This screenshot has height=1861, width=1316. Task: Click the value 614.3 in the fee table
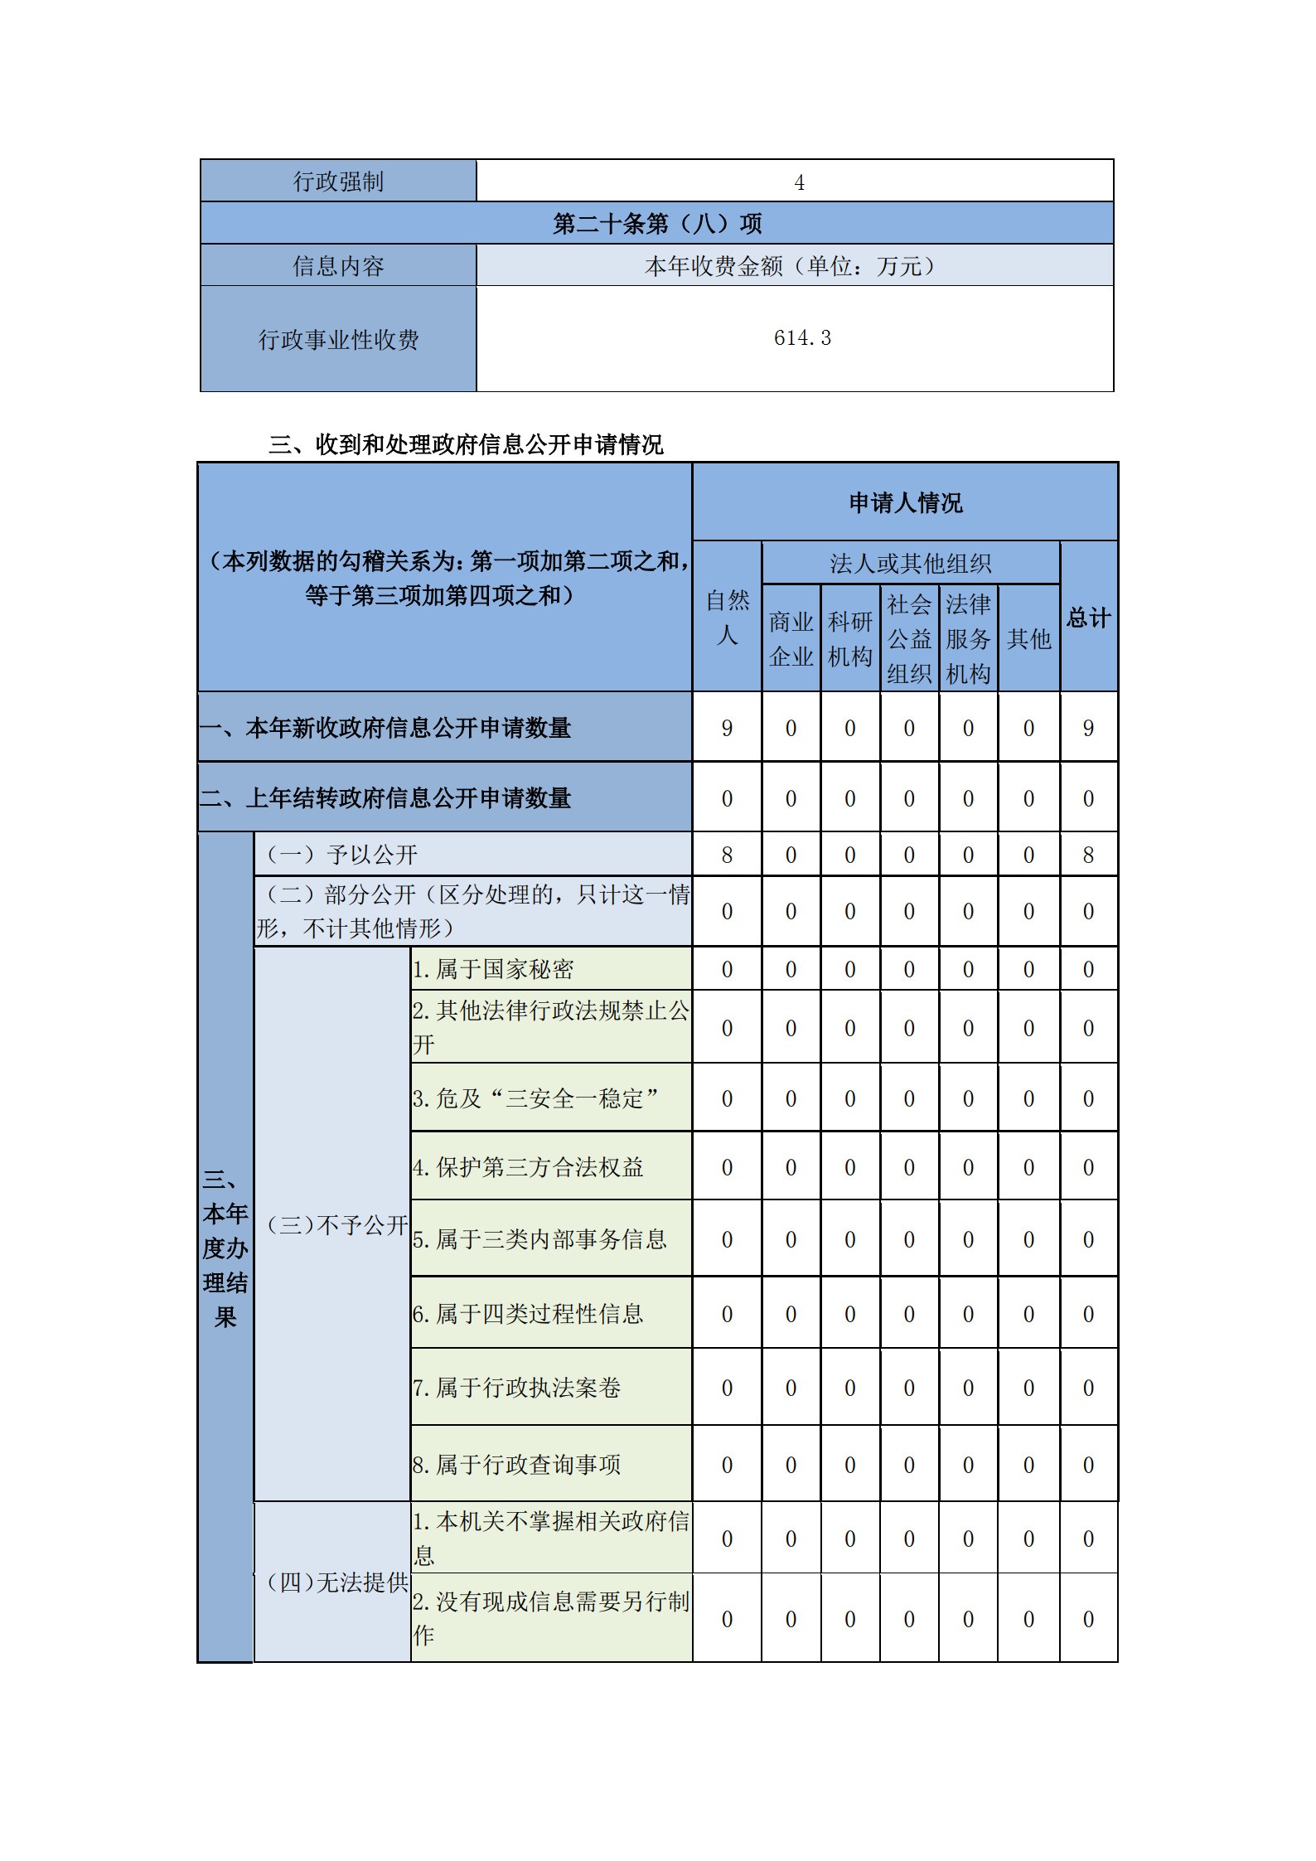tap(801, 338)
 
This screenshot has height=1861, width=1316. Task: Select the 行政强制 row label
tap(338, 182)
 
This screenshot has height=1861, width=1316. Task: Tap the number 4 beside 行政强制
tap(799, 182)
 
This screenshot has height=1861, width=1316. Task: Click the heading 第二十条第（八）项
tap(656, 224)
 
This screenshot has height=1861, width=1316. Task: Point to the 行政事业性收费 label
tap(338, 340)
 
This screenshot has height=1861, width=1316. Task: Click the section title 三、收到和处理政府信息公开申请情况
tap(466, 445)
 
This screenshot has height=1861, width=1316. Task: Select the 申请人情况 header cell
tap(905, 503)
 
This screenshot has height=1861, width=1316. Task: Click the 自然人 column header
tap(727, 618)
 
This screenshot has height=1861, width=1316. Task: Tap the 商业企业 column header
tap(791, 639)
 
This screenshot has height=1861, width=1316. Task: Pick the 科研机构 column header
tap(849, 639)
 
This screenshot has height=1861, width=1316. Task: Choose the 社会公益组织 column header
tap(909, 639)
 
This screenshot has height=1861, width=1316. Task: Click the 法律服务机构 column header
tap(968, 639)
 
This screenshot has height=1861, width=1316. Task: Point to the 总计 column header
tap(1088, 618)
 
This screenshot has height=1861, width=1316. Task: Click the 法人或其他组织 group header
tap(910, 564)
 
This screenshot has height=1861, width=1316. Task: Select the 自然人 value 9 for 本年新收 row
tap(727, 729)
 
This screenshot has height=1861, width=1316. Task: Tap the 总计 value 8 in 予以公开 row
tap(1088, 855)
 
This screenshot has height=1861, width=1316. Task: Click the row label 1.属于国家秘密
tap(493, 969)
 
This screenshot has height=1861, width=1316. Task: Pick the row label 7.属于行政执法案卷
tap(516, 1388)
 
